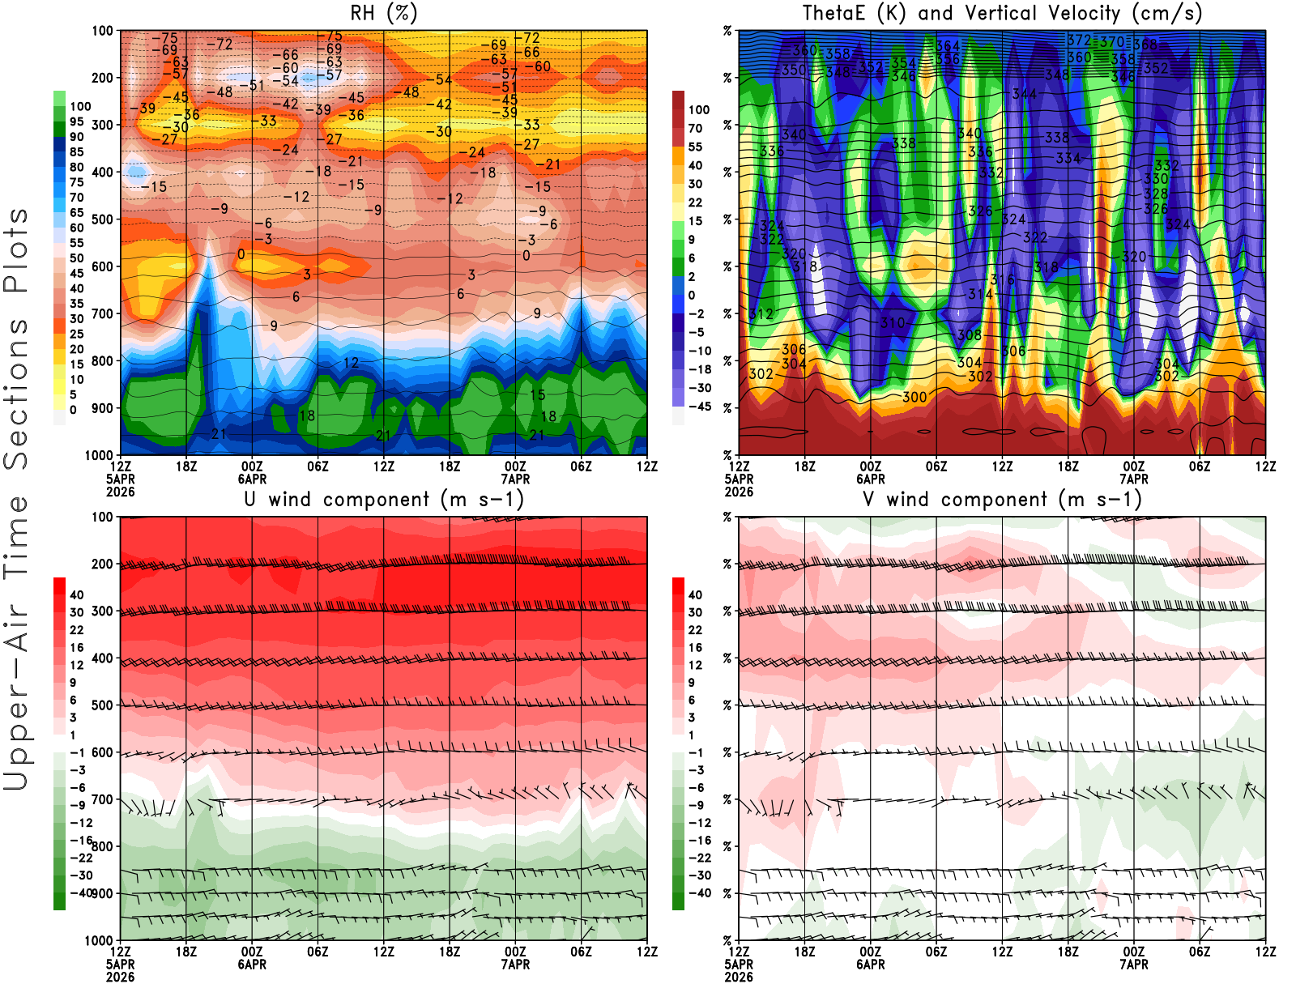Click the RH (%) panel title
[x=384, y=13]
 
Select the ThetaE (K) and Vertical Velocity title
[x=1002, y=13]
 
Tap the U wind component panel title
[x=384, y=499]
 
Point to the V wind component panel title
[x=1002, y=499]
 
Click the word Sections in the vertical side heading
[x=16, y=393]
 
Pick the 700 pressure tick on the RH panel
[x=102, y=313]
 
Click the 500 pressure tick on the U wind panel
[x=102, y=705]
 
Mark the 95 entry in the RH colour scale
[x=77, y=121]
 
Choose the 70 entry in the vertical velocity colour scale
[x=695, y=128]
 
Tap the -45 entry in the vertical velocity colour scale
[x=699, y=407]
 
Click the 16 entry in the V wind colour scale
[x=695, y=648]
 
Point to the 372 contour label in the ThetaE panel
[x=1079, y=40]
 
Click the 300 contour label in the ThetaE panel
[x=914, y=397]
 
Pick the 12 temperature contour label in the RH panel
[x=351, y=363]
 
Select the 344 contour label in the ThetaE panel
[x=1024, y=94]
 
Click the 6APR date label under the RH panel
[x=252, y=479]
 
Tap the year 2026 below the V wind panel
[x=739, y=977]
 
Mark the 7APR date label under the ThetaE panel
[x=1134, y=479]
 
